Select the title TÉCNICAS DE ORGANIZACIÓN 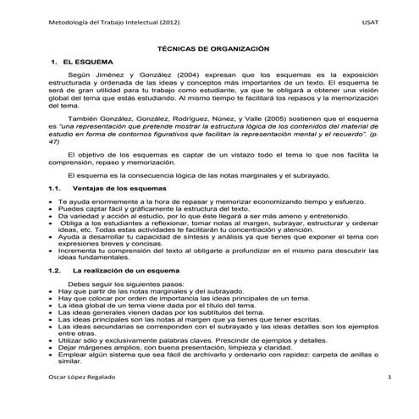[x=207, y=51]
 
